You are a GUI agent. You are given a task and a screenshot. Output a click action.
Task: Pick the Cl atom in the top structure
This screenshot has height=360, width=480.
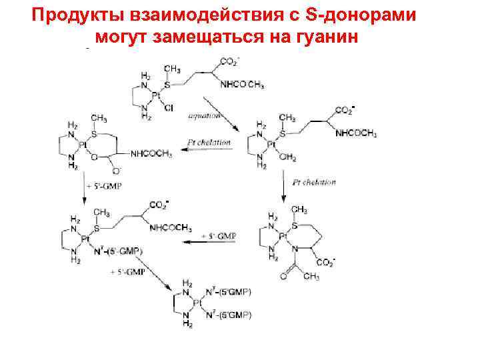pyautogui.click(x=168, y=107)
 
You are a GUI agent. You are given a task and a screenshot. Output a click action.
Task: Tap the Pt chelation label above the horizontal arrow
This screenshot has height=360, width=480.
pyautogui.click(x=209, y=142)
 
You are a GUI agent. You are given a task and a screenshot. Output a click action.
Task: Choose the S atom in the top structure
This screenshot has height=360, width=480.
pyautogui.click(x=167, y=85)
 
